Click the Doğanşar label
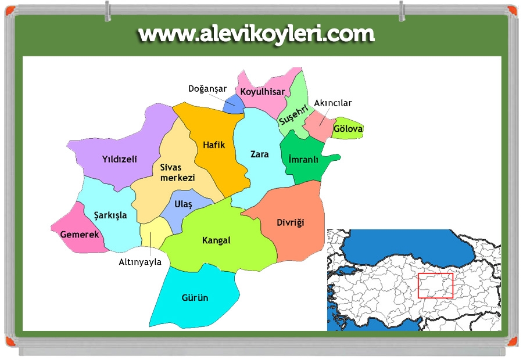point(207,89)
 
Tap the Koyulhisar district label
point(263,92)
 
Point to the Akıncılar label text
point(333,103)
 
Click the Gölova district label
point(348,128)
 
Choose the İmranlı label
point(303,160)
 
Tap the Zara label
point(259,154)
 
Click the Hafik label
point(213,145)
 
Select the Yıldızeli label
point(119,159)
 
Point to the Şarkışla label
point(110,215)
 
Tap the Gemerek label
point(80,235)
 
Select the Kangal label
point(216,240)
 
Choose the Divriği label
point(290,222)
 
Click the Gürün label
point(195,298)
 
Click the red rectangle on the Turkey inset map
point(435,286)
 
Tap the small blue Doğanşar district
point(233,103)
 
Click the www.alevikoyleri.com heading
point(256,34)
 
